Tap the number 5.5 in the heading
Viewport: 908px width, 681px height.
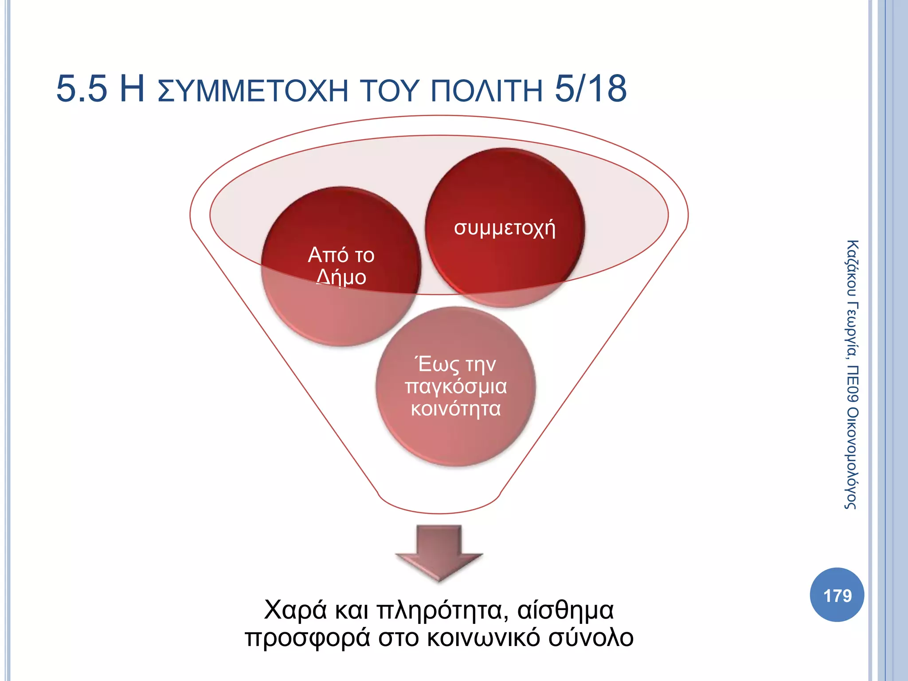[82, 89]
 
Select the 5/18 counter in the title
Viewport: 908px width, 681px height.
[591, 89]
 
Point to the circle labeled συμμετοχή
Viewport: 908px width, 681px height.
[505, 228]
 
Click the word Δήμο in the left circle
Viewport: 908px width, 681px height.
[341, 278]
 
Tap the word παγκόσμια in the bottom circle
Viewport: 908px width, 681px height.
[456, 387]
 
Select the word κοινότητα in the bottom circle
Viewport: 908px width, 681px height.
[456, 409]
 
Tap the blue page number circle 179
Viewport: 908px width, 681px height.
[837, 595]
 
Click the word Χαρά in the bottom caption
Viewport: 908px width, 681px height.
[295, 610]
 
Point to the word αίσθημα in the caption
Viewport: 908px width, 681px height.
[565, 610]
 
